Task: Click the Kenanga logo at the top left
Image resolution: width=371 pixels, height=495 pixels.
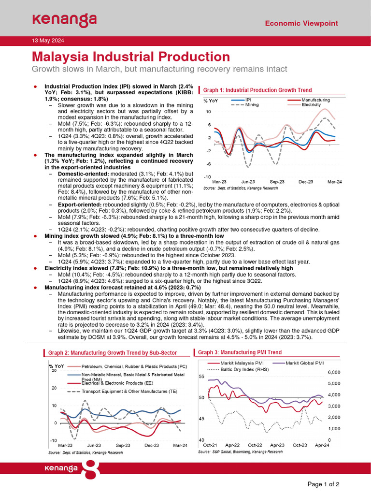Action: [64, 20]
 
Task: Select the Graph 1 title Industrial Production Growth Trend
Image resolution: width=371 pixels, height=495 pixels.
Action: [257, 90]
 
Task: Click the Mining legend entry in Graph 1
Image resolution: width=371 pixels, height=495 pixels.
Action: [252, 104]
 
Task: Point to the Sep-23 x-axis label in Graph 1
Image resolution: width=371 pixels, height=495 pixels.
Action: [277, 182]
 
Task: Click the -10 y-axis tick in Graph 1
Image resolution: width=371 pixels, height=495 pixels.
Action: [207, 176]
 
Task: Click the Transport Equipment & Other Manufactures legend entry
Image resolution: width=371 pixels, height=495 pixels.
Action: [129, 391]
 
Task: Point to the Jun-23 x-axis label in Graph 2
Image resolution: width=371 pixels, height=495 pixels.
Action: [94, 445]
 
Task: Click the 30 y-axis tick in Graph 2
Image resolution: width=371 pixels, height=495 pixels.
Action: [54, 370]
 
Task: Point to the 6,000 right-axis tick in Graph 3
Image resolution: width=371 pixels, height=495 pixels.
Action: [335, 372]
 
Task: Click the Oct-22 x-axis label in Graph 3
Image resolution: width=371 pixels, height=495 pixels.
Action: [255, 444]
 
